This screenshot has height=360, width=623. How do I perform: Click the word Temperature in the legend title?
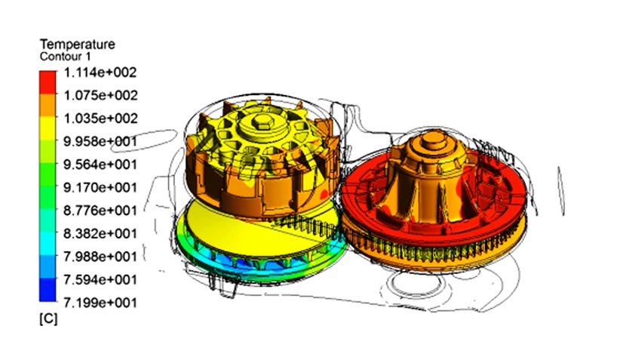78,45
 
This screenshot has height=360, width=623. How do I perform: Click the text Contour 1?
65,57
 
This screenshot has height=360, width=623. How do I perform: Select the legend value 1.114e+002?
100,72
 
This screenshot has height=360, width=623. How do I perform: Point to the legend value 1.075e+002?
100,95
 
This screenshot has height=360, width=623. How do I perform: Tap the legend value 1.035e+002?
100,118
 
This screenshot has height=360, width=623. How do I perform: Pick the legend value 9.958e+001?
100,142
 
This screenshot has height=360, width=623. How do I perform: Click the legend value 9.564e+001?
100,165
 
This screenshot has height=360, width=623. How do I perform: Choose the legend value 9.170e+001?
100,188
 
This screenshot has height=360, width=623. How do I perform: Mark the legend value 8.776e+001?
100,211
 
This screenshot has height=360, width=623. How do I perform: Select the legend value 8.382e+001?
100,233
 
